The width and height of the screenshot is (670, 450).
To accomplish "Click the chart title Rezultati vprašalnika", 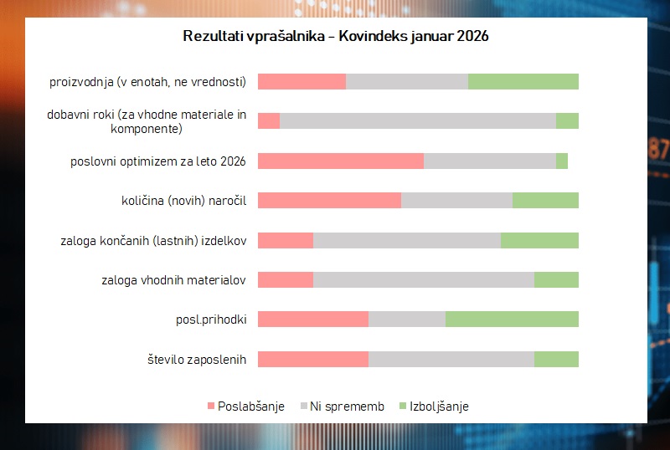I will coord(335,38).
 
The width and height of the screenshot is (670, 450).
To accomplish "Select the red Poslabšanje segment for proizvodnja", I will coord(301,81).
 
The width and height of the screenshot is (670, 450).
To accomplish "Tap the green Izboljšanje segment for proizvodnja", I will coord(523,81).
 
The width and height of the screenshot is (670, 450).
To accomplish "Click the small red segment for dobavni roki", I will coord(268,120).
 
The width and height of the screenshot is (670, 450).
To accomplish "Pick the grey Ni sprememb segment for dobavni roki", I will coord(417,120).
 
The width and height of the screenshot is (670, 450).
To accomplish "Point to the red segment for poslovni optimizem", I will coord(340,161).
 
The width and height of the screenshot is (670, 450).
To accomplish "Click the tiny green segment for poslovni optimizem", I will coord(561,161).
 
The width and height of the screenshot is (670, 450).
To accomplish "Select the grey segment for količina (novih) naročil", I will coord(456,200).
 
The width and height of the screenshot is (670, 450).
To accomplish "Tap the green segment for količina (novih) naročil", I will coord(545,200).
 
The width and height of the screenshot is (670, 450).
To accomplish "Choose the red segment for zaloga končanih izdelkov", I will coord(285,240).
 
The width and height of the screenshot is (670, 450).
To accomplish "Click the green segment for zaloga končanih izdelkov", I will coord(539,240).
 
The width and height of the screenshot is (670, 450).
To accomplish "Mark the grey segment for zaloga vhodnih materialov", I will coord(423,279).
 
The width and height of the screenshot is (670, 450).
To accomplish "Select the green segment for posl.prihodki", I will coord(512,319).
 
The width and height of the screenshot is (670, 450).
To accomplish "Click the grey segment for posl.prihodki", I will coord(406,319).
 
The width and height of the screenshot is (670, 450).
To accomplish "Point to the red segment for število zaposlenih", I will coord(312,359).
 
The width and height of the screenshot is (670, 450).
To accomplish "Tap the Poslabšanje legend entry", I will coord(245,407).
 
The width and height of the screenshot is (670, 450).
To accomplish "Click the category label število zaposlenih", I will coord(196,359).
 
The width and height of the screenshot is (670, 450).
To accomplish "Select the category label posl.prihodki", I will coord(210,319).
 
